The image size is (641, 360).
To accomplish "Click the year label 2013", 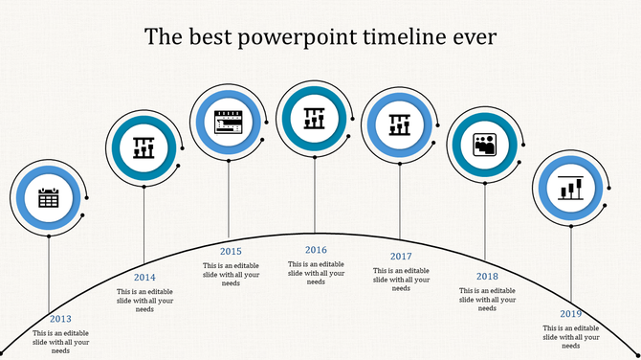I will [60, 319].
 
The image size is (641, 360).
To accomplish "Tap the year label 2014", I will [144, 278].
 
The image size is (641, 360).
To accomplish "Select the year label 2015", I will [231, 252].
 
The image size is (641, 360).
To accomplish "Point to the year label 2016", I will [317, 250].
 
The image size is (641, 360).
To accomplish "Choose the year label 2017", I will [401, 257].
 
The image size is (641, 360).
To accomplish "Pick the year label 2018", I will [487, 276].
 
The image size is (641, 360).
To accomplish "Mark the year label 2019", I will [571, 314].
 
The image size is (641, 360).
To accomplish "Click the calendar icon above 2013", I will [49, 198].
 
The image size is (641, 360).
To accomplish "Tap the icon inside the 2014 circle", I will [144, 147].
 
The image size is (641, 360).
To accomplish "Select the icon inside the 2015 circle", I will [229, 122].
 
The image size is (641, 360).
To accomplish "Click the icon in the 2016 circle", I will [315, 119].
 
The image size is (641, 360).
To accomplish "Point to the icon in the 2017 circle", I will [400, 124].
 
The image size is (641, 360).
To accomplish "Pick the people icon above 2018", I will [485, 145].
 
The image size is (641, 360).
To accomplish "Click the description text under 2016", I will [317, 273].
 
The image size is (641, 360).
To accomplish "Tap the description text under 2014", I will [144, 300].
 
